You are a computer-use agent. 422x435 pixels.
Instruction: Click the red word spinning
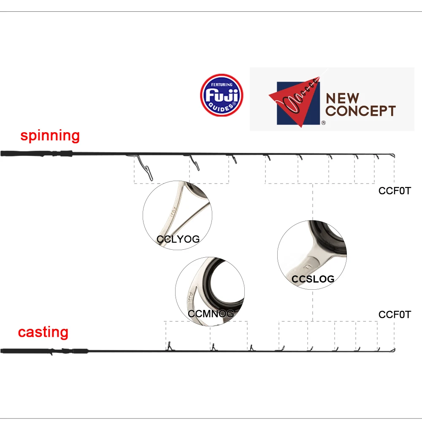pos(50,136)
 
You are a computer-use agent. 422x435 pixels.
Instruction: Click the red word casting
pos(43,332)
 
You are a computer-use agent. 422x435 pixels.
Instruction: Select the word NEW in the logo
pos(343,99)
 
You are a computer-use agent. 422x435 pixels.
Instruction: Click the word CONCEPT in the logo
pos(361,111)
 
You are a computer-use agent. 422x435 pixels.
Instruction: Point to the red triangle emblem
pos(295,101)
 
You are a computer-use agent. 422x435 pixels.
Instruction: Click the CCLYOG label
pos(178,239)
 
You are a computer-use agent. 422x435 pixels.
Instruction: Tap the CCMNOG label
pos(211,313)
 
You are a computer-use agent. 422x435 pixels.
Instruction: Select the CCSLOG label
pos(313,279)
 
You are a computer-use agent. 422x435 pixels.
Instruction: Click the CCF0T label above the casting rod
pos(394,315)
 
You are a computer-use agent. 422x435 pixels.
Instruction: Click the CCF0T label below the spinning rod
pos(394,191)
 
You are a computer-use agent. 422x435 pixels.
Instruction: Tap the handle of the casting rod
pos(42,351)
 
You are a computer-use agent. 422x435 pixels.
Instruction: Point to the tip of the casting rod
pos(393,350)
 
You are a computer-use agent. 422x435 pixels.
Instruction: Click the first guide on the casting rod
pos(169,347)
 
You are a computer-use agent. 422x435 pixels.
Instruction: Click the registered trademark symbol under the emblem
pos(324,123)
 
